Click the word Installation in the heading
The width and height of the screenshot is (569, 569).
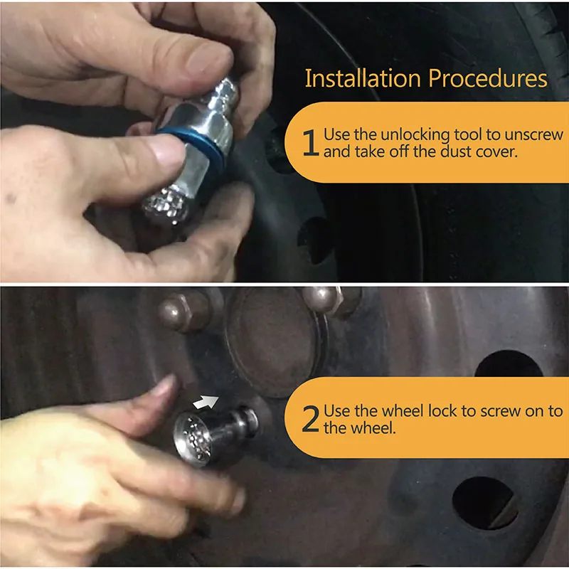click(x=363, y=78)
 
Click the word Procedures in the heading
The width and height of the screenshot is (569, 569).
click(x=488, y=78)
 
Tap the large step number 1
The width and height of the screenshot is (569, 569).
click(x=311, y=143)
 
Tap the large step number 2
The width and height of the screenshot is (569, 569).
click(x=311, y=420)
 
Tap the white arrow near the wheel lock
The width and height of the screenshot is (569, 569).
click(x=206, y=402)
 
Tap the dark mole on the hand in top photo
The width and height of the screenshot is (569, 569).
click(x=11, y=198)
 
